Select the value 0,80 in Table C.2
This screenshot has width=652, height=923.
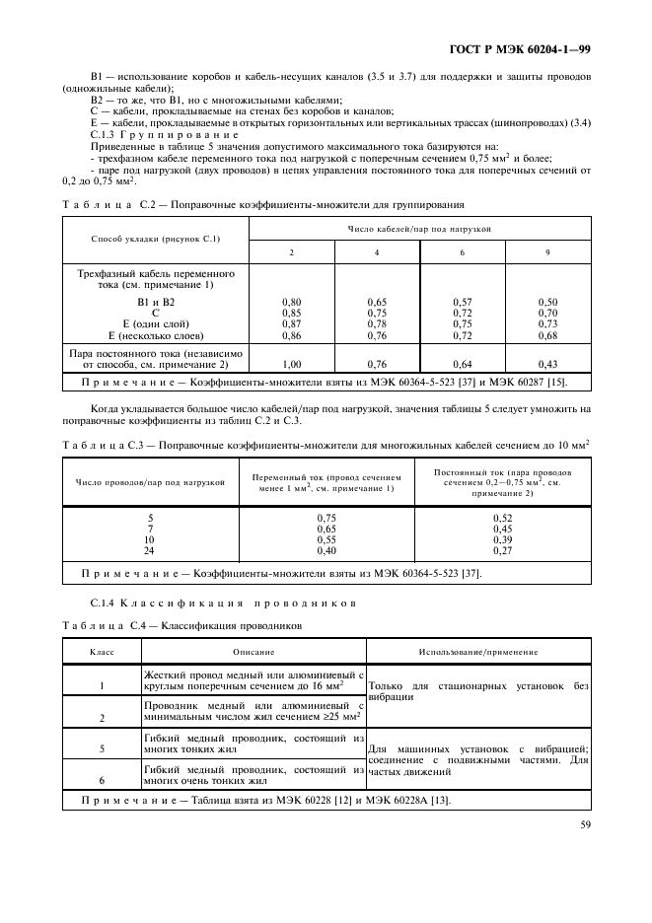pyautogui.click(x=291, y=301)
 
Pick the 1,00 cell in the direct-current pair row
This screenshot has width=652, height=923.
pyautogui.click(x=291, y=364)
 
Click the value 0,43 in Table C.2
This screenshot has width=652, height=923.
pyautogui.click(x=548, y=364)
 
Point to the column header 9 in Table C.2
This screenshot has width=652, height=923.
pyautogui.click(x=548, y=252)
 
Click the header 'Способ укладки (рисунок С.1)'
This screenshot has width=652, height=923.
pyautogui.click(x=156, y=239)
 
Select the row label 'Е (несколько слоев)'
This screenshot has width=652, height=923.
pyautogui.click(x=156, y=336)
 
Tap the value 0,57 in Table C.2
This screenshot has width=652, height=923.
pyautogui.click(x=463, y=301)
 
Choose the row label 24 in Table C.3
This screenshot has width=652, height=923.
pyautogui.click(x=150, y=550)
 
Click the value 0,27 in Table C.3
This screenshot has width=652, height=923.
pyautogui.click(x=502, y=550)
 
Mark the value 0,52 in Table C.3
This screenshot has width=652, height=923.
pyautogui.click(x=502, y=518)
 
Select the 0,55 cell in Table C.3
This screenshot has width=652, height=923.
pyautogui.click(x=326, y=539)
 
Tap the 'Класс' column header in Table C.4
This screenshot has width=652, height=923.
pyautogui.click(x=103, y=652)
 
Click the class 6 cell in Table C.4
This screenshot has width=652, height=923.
pyautogui.click(x=103, y=778)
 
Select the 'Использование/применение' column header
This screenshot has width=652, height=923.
pyautogui.click(x=478, y=652)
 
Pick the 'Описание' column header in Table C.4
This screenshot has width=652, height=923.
pyautogui.click(x=254, y=652)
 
